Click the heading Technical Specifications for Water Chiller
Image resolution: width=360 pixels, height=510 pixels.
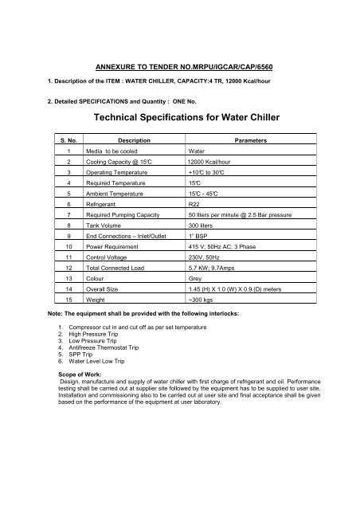(180, 117)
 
